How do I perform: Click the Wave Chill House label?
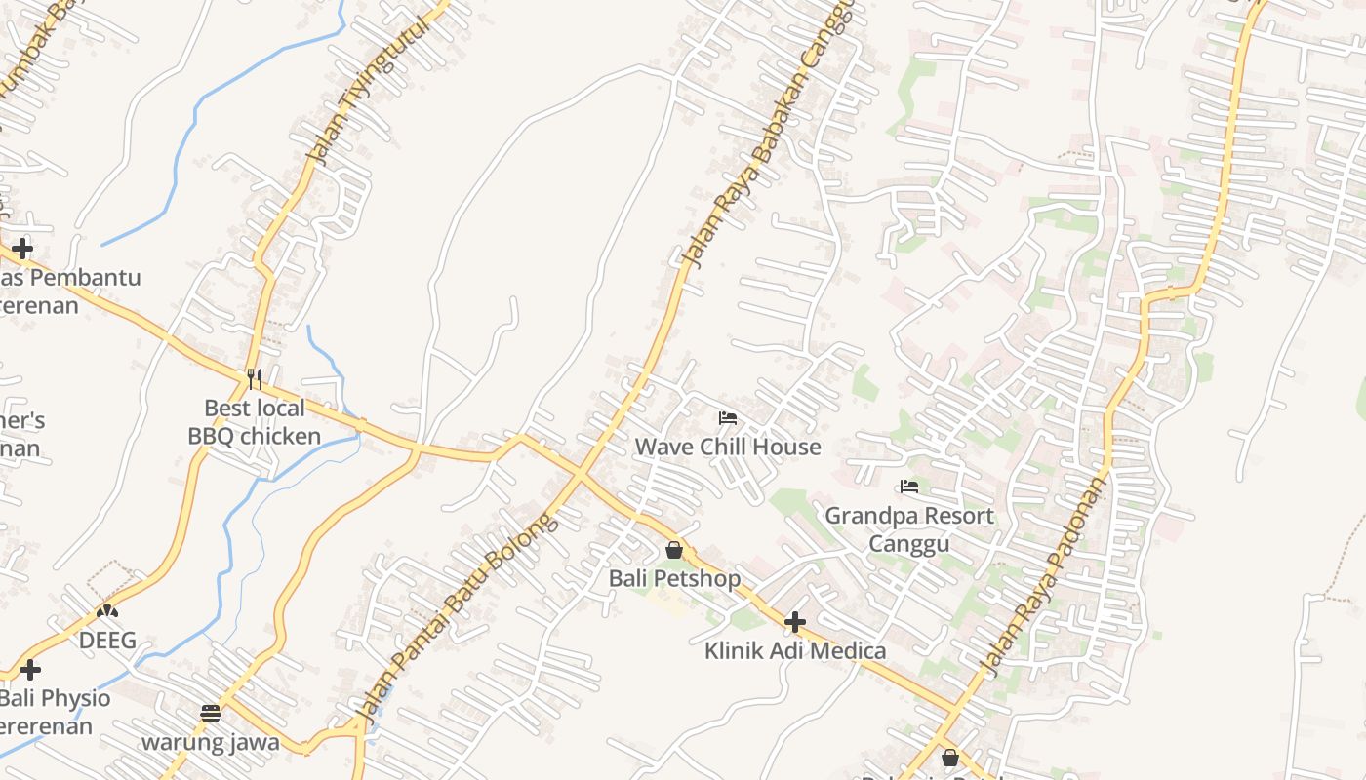coord(728,447)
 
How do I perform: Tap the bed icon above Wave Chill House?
coord(728,418)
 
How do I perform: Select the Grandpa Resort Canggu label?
coord(909,529)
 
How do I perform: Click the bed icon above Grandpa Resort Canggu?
coord(910,486)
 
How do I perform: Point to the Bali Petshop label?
coord(674,578)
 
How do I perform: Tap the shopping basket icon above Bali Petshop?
coord(674,550)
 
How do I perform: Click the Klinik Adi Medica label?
coord(795,650)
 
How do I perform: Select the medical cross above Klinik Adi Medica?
coord(795,621)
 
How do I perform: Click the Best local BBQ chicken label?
coord(255,422)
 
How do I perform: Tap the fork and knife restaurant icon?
coord(255,378)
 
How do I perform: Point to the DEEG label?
coord(107,641)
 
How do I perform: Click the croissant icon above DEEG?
coord(107,612)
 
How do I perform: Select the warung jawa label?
coord(211,742)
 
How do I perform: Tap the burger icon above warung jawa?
coord(211,713)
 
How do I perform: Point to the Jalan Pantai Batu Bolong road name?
coord(459,618)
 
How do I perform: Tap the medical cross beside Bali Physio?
coord(30,670)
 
